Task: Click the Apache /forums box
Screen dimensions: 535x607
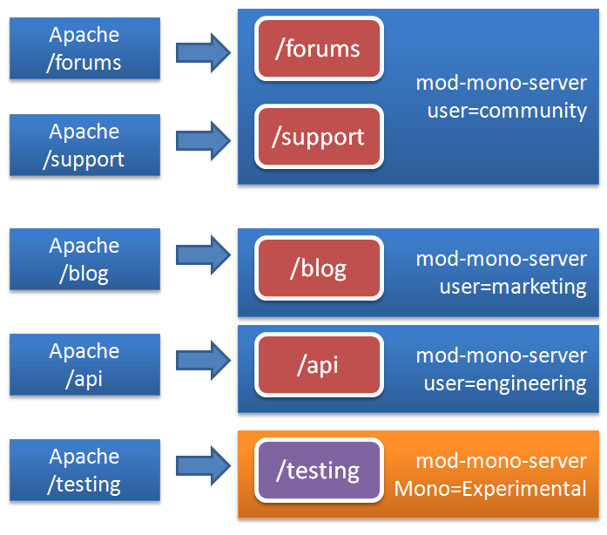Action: [84, 49]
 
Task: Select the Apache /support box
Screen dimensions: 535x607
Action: [84, 146]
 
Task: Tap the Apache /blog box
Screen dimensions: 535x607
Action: [84, 260]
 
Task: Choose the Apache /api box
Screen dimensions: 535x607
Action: [84, 365]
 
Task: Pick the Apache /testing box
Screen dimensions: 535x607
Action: [84, 471]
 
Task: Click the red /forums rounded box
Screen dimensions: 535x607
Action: [319, 49]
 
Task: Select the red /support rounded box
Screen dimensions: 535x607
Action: [319, 137]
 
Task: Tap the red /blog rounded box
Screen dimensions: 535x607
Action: [319, 268]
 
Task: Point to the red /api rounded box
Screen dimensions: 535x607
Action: [319, 365]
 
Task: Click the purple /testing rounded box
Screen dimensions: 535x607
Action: [319, 471]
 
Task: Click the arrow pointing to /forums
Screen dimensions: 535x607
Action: [203, 52]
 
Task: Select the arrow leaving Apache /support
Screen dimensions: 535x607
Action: [203, 140]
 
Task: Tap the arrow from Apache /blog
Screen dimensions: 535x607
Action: [203, 254]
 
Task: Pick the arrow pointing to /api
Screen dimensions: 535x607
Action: [203, 360]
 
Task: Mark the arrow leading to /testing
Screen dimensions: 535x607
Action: [203, 465]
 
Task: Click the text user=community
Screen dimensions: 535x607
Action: [507, 111]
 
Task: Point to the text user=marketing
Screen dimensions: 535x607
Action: [507, 287]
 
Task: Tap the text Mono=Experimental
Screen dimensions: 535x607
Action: [490, 489]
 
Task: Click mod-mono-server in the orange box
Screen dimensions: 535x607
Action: [501, 461]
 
